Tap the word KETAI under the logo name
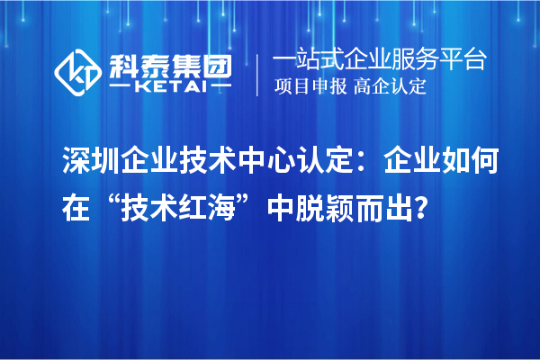pyautogui.click(x=170, y=86)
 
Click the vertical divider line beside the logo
pyautogui.click(x=258, y=75)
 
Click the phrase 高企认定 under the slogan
pyautogui.click(x=391, y=87)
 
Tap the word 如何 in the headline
pyautogui.click(x=491, y=163)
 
